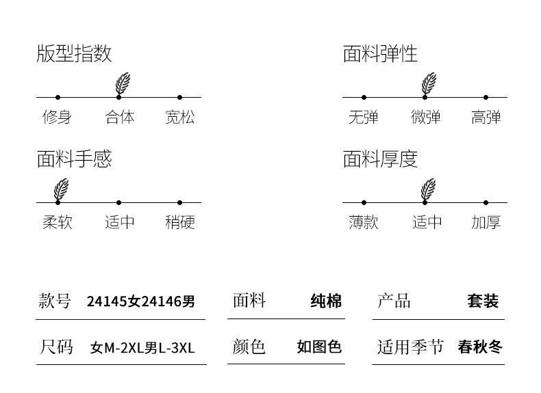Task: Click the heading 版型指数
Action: click(74, 54)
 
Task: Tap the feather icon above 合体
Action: click(123, 83)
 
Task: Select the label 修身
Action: click(57, 117)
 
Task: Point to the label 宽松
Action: click(179, 117)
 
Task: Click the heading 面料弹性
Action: click(380, 54)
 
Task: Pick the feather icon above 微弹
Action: click(429, 83)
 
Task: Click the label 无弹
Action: click(363, 117)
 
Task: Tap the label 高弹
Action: click(486, 117)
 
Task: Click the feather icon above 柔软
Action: click(62, 189)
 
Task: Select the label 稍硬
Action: click(179, 222)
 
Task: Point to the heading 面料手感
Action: click(74, 159)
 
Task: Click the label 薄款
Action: click(363, 222)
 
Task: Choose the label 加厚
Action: click(486, 222)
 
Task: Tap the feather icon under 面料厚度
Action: click(429, 189)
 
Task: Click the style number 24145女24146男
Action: click(141, 301)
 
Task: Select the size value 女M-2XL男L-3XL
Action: click(142, 348)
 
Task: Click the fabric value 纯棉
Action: click(326, 301)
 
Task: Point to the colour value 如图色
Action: click(319, 347)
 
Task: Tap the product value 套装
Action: click(483, 301)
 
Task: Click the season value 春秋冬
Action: click(480, 347)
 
